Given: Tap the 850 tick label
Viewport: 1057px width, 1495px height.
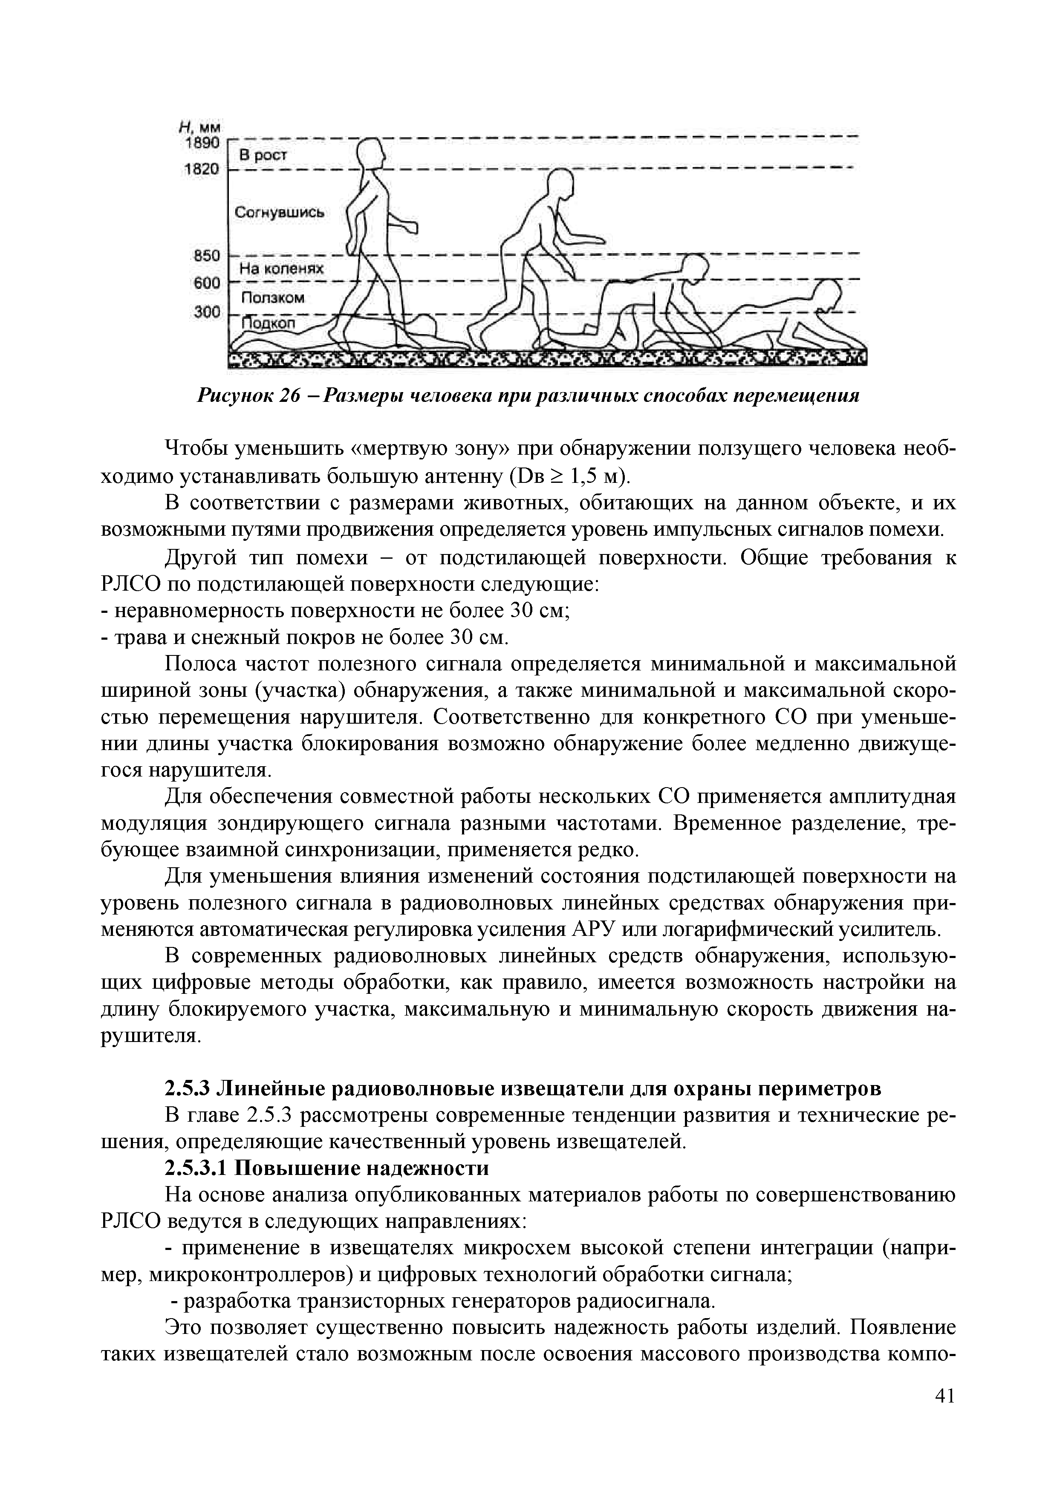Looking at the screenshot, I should (207, 255).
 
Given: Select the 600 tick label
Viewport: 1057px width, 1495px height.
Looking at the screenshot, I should (207, 283).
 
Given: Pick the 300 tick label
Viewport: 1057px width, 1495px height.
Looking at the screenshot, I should (207, 312).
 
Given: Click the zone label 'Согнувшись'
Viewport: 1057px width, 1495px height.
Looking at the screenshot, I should (280, 212).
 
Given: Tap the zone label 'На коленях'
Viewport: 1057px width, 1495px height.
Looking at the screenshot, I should (281, 268).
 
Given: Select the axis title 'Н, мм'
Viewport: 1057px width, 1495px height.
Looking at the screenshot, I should (201, 127).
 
